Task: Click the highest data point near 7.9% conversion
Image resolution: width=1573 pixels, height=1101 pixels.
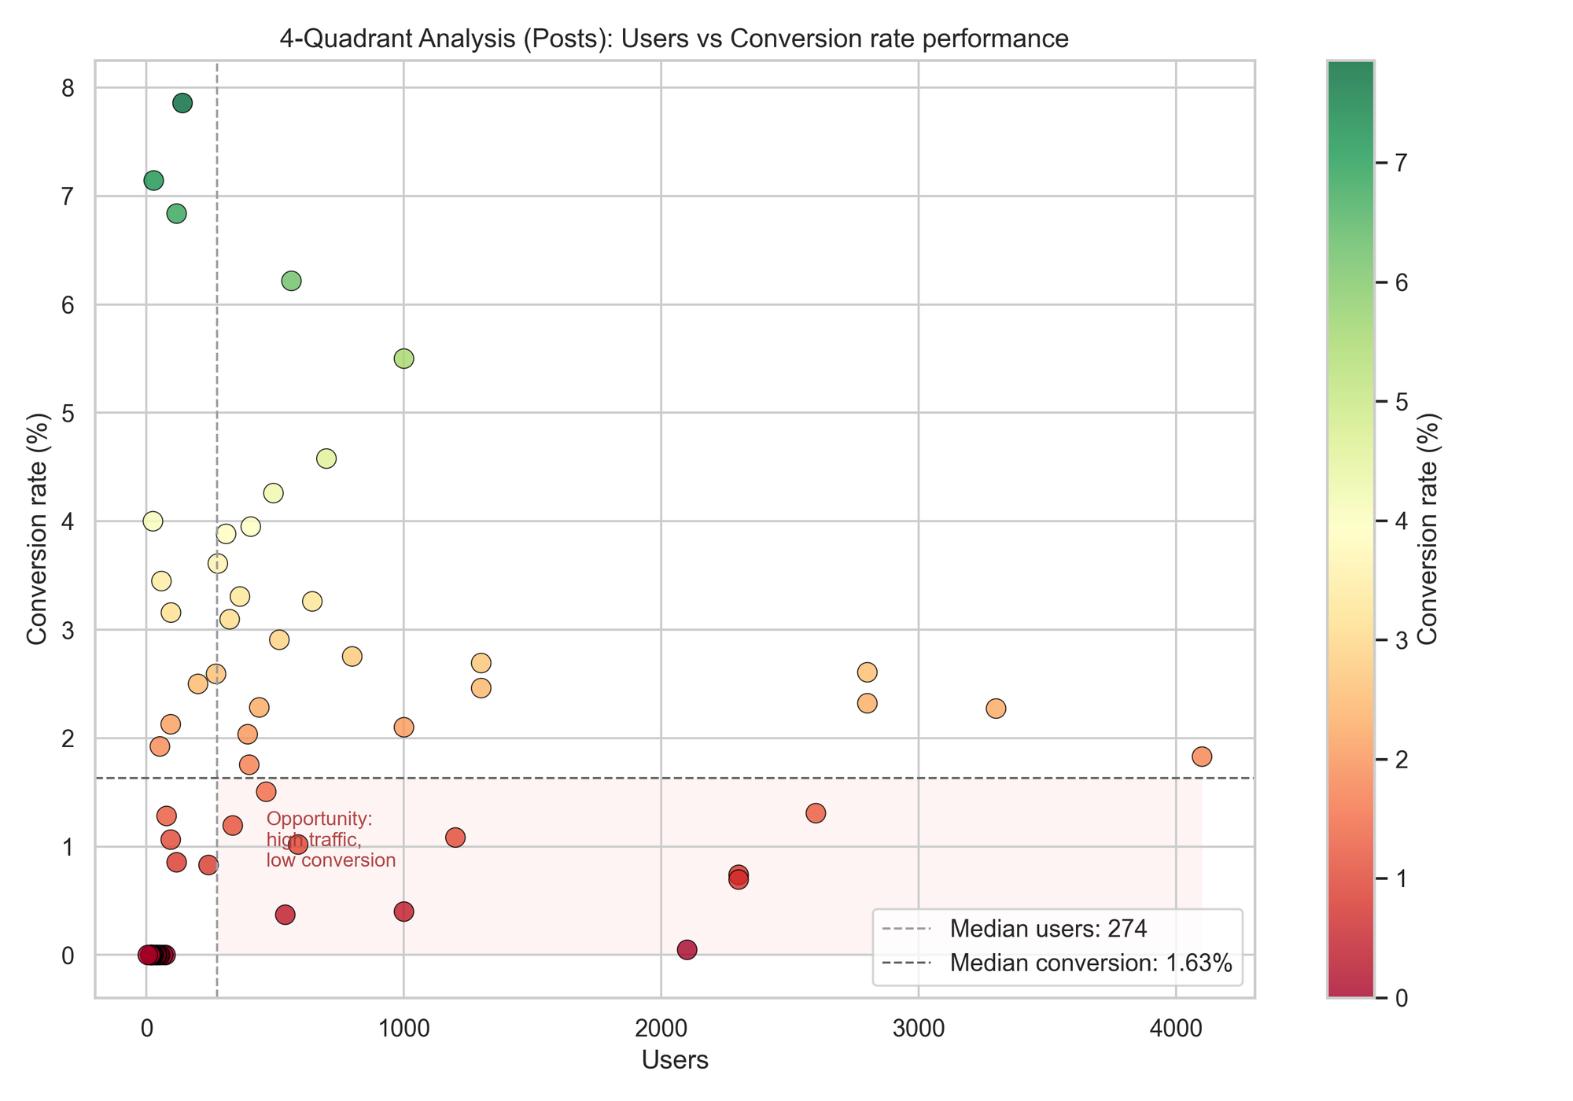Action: (x=182, y=103)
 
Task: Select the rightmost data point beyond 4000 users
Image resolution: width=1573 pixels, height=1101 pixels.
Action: (x=1202, y=757)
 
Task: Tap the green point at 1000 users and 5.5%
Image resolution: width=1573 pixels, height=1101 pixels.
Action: (x=403, y=359)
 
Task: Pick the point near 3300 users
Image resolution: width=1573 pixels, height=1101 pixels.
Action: (x=996, y=709)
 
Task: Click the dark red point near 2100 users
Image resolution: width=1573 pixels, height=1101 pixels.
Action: (x=687, y=950)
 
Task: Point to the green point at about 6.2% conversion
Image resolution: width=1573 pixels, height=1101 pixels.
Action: (x=291, y=281)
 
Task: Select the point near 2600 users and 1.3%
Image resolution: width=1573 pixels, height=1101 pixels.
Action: (x=816, y=813)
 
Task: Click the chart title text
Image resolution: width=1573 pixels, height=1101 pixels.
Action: (x=674, y=39)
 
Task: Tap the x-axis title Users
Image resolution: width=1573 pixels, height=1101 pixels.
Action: (x=675, y=1060)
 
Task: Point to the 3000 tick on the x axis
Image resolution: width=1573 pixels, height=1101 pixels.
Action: (x=918, y=1029)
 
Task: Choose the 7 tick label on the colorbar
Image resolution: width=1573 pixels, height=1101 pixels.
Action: (x=1401, y=163)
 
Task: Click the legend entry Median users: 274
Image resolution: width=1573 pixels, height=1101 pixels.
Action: (x=1048, y=929)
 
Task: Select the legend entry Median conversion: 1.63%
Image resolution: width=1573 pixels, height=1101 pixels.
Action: (x=1090, y=963)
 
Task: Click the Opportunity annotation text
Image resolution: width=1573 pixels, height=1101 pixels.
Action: (x=330, y=840)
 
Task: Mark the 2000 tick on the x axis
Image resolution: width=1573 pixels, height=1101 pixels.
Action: (x=661, y=1029)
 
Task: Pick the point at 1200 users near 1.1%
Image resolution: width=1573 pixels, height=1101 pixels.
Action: (x=455, y=838)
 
